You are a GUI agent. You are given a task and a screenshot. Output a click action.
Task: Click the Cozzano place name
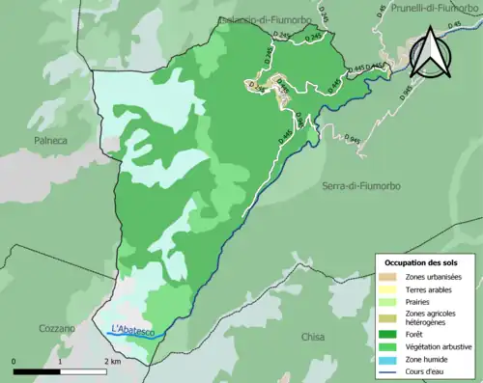[x=55, y=329]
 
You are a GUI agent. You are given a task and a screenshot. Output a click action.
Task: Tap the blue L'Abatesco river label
[x=133, y=329]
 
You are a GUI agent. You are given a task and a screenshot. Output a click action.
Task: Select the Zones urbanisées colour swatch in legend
[x=388, y=277]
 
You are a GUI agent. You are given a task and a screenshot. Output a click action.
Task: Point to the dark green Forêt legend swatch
[x=388, y=335]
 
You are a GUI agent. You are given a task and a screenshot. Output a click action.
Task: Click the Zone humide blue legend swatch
[x=388, y=358]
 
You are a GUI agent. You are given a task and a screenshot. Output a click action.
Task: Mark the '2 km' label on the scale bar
[x=111, y=362]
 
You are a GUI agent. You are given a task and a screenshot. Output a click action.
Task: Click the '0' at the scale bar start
[x=15, y=362]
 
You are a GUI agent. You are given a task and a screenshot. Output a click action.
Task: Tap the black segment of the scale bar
[x=37, y=371]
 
